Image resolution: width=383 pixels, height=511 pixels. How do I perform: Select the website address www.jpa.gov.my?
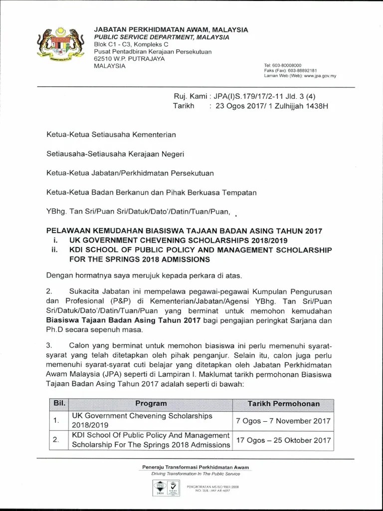click(x=320, y=76)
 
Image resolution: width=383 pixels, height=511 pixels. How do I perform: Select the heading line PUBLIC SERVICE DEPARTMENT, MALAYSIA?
click(x=162, y=37)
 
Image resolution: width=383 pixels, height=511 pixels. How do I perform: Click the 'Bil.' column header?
click(x=57, y=403)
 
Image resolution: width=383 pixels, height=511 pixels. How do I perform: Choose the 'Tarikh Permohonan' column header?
click(x=284, y=403)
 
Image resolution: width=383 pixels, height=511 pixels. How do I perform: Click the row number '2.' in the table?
click(x=57, y=440)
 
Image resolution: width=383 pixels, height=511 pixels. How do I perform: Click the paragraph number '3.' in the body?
click(x=49, y=344)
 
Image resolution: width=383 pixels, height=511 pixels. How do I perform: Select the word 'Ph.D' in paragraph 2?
click(x=54, y=330)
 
